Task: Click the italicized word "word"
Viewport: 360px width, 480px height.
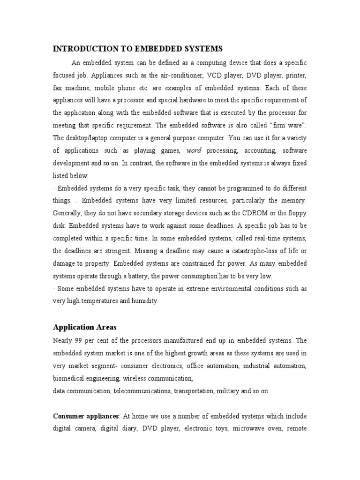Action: pyautogui.click(x=194, y=150)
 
